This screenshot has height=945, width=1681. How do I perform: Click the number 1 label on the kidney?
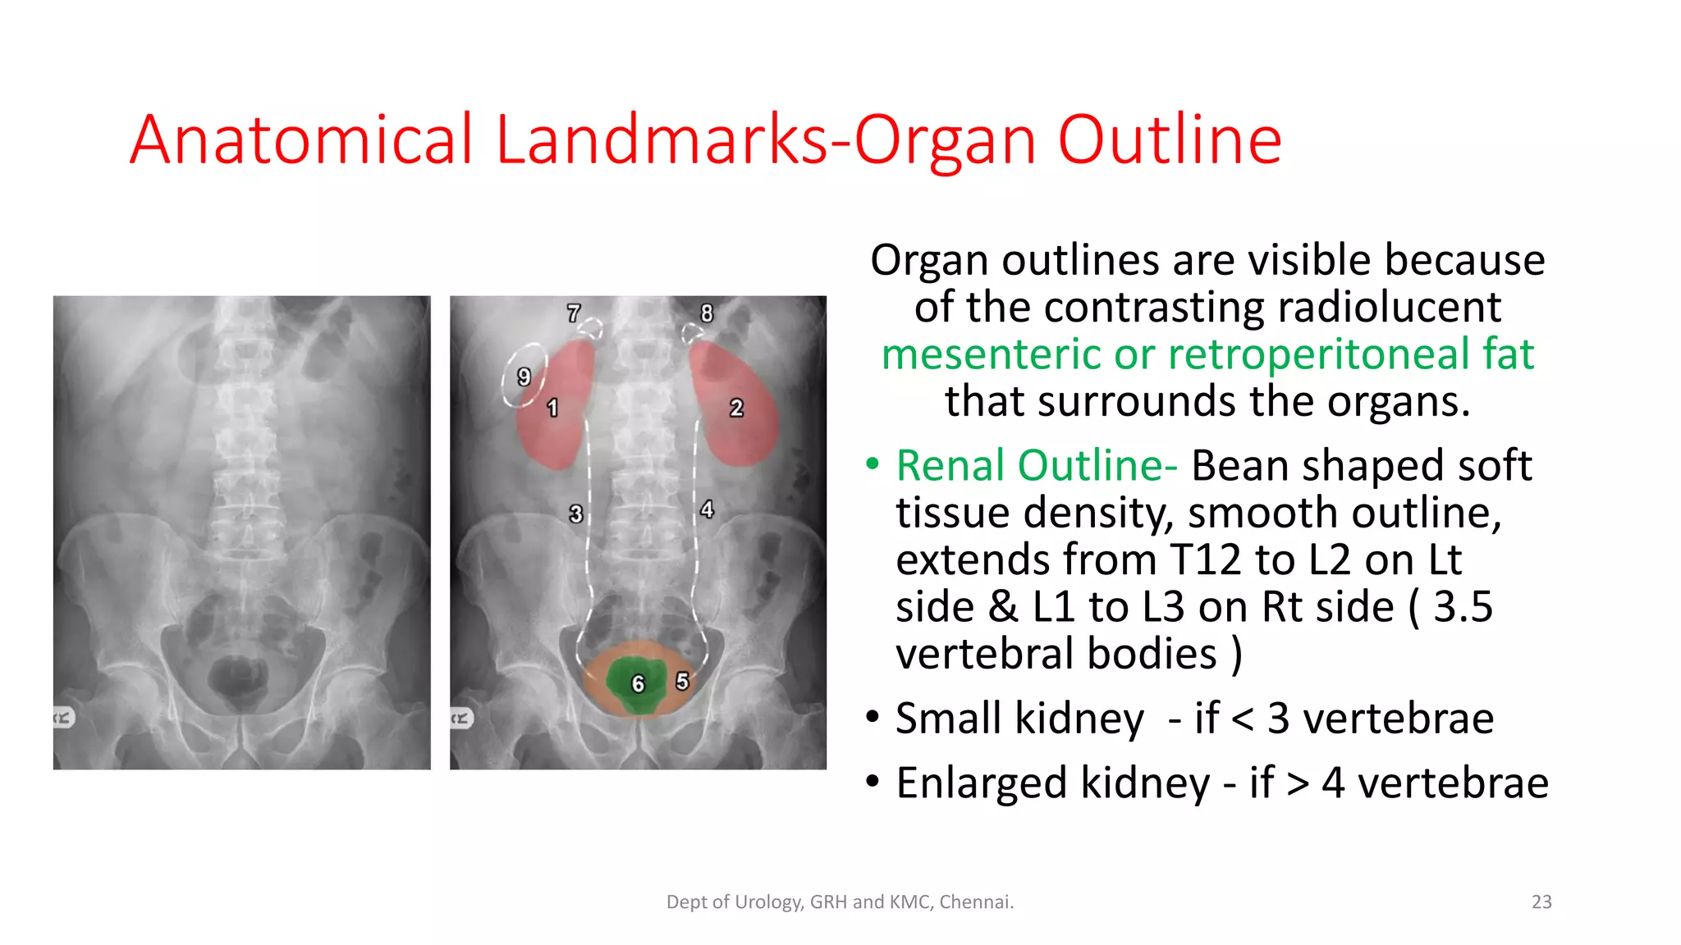(x=552, y=408)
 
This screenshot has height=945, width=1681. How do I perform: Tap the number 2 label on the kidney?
(x=736, y=408)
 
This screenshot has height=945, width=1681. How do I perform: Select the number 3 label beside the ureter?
(x=576, y=514)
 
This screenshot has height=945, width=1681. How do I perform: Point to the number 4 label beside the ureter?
(x=707, y=509)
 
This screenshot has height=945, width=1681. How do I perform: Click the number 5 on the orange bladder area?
(x=682, y=681)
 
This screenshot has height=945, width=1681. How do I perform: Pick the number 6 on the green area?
(x=638, y=684)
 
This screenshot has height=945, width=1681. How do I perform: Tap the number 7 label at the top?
(x=574, y=313)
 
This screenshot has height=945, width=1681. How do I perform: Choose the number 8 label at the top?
(x=707, y=313)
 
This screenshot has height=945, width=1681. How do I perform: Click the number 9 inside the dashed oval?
(x=524, y=377)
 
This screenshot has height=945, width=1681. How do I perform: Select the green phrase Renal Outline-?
(x=1036, y=465)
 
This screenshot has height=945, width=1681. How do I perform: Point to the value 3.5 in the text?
(x=1463, y=607)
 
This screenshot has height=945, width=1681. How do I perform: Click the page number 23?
(x=1541, y=902)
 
